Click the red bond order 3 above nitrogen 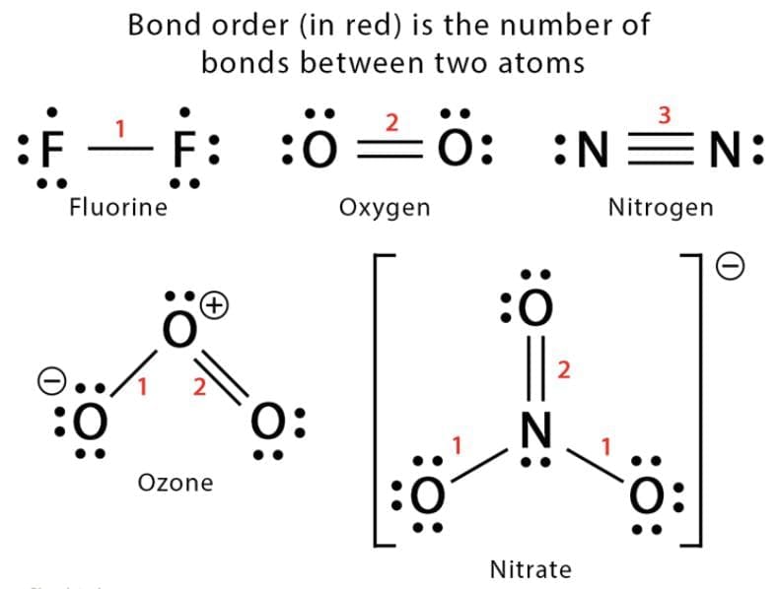pos(664,114)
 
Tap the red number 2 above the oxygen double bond pos(391,122)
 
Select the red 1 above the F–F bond pos(120,127)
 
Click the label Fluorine pos(118,207)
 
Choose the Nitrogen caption pos(660,208)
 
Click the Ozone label pos(175,483)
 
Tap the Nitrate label pos(530,568)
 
